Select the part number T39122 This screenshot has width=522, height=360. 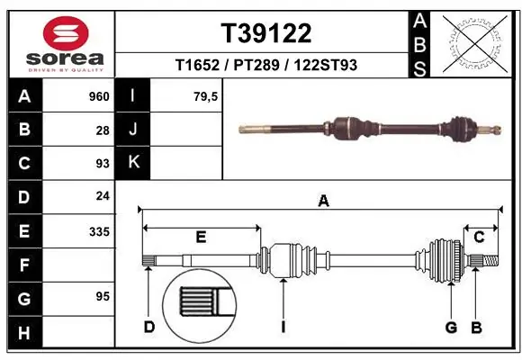pos(266,33)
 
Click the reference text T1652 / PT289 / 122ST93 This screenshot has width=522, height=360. pos(266,65)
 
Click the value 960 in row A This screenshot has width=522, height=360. pos(98,96)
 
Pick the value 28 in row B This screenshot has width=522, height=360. pos(103,130)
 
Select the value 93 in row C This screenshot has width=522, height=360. pos(103,164)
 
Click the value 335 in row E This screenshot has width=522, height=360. pos(98,231)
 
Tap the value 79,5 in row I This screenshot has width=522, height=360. pos(206,96)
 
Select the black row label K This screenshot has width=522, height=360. pos(132,164)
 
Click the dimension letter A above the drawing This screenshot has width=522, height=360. pos(322,202)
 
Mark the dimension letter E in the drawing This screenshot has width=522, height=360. pos(201,237)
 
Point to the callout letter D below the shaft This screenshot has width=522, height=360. pos(149,327)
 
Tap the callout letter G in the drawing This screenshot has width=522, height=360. pos(451,327)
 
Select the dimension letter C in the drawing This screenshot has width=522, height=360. pos(480,237)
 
